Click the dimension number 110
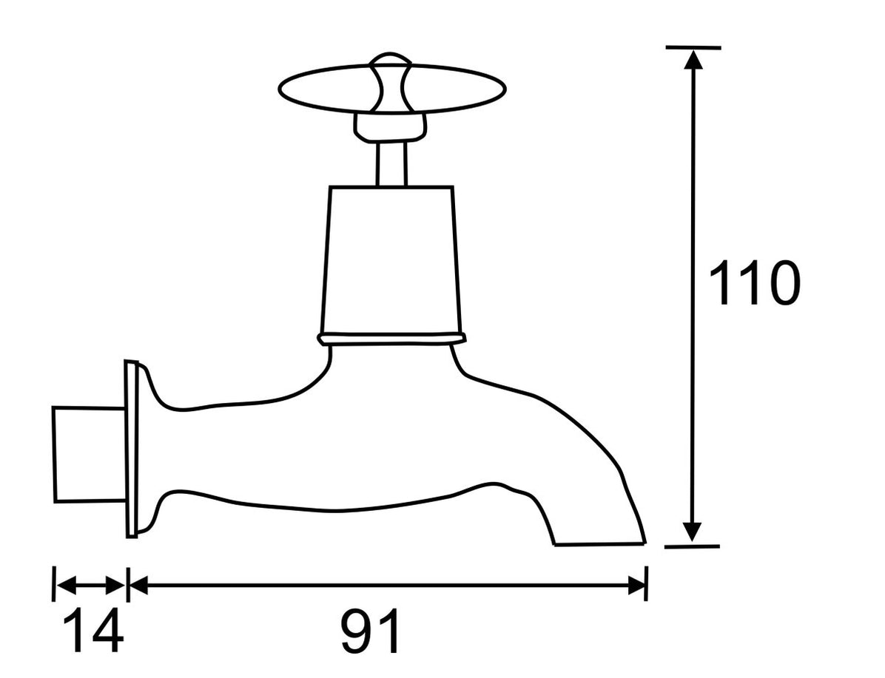(754, 284)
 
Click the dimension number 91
(371, 631)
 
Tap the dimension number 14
(92, 631)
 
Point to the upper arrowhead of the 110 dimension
(693, 58)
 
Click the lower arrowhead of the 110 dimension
(692, 533)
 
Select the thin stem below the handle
(391, 163)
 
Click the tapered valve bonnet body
(391, 259)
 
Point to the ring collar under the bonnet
(391, 339)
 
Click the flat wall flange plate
(131, 449)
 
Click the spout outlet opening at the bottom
(599, 545)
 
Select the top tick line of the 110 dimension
(693, 47)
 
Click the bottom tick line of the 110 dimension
(692, 546)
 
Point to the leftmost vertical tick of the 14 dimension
(53, 584)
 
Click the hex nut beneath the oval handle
(391, 126)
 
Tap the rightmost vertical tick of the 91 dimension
(647, 584)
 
